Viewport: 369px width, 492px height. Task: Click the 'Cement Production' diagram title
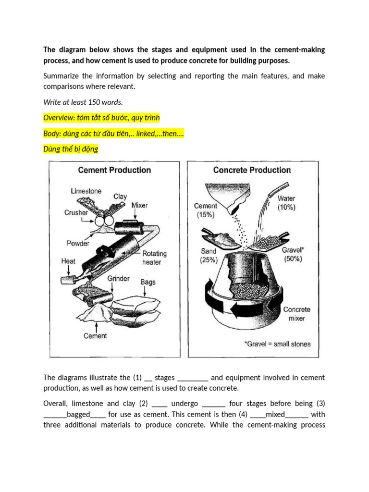pyautogui.click(x=114, y=170)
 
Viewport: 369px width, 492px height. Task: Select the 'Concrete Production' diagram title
pyautogui.click(x=252, y=170)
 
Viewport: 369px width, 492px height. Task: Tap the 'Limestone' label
pyautogui.click(x=86, y=191)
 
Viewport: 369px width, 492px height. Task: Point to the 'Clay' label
pyautogui.click(x=120, y=197)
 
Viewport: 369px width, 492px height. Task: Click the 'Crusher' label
pyautogui.click(x=76, y=212)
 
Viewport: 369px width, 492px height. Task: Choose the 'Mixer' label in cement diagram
pyautogui.click(x=140, y=205)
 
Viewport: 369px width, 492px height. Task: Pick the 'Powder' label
pyautogui.click(x=78, y=243)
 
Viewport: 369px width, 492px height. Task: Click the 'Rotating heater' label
pyautogui.click(x=154, y=258)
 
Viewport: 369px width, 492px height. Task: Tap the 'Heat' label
pyautogui.click(x=68, y=261)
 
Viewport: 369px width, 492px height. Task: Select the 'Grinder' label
pyautogui.click(x=118, y=278)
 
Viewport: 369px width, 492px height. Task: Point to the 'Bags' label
pyautogui.click(x=148, y=282)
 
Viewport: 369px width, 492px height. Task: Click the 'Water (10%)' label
pyautogui.click(x=286, y=203)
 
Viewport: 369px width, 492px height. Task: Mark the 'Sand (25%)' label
pyautogui.click(x=209, y=256)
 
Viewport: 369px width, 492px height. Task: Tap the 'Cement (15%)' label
pyautogui.click(x=206, y=210)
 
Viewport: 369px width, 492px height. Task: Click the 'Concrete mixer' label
pyautogui.click(x=296, y=314)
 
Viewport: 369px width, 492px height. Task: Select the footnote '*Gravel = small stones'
pyautogui.click(x=277, y=344)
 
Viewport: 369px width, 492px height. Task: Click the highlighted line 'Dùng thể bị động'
pyautogui.click(x=71, y=149)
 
